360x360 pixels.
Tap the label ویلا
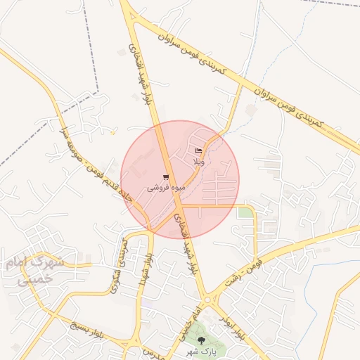pos(199,162)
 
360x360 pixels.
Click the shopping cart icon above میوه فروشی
pos(166,178)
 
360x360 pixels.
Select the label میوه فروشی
pos(166,188)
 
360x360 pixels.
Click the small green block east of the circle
pos(244,212)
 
